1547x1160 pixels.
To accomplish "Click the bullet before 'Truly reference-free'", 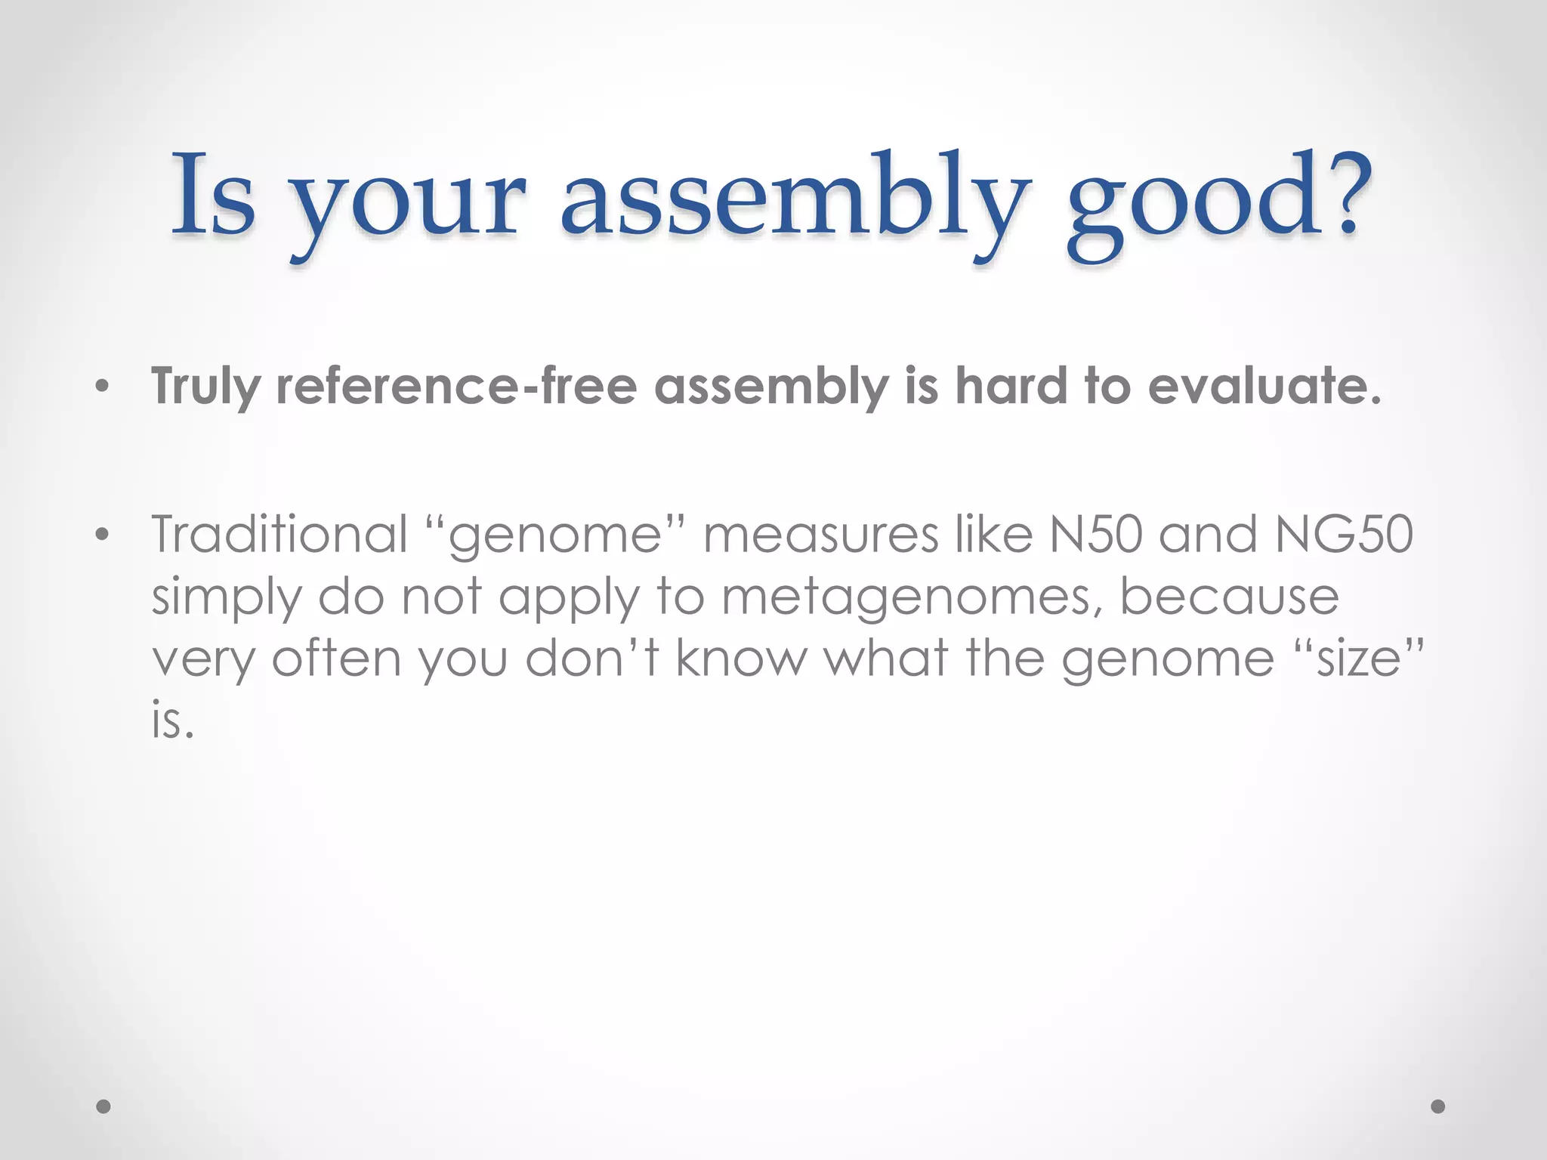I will tap(103, 389).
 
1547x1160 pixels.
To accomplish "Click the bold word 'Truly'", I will tap(205, 387).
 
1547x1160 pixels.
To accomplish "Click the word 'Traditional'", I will tap(279, 534).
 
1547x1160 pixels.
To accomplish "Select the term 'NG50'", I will tap(1344, 534).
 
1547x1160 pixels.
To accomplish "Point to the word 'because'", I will tap(1229, 597).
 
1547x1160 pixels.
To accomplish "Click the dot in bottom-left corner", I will tap(103, 1106).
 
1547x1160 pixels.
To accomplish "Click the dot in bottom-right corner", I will tap(1438, 1106).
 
